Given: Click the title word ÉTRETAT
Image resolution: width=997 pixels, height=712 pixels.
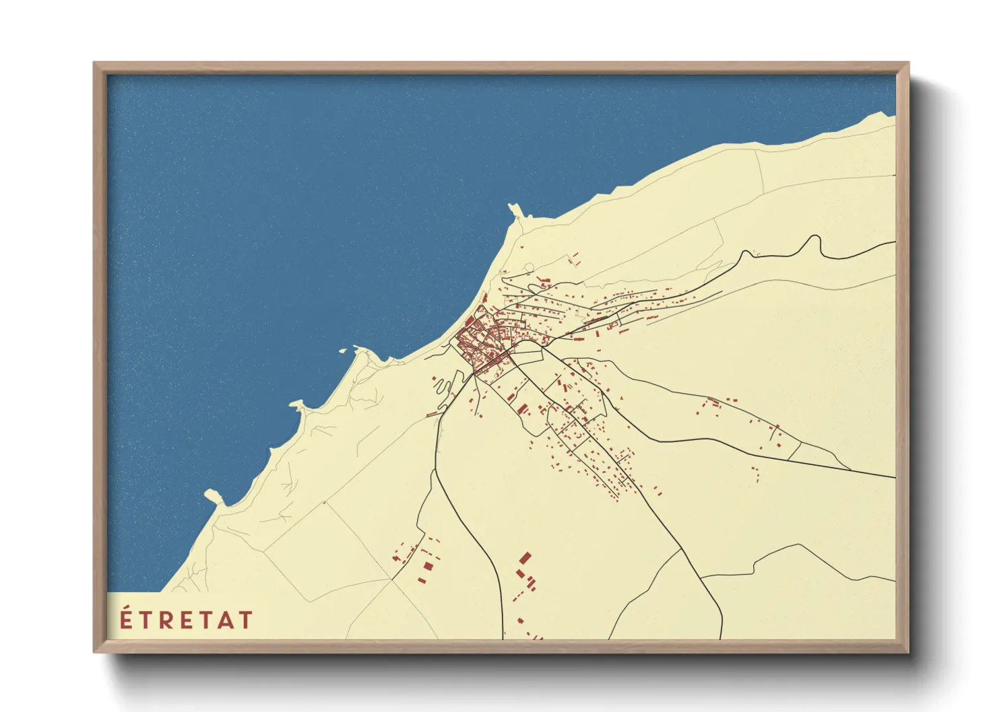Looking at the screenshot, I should click(186, 620).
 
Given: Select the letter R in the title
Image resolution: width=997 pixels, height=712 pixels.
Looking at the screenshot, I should click(166, 620).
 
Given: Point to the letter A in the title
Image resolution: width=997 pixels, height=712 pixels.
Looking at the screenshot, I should click(226, 620).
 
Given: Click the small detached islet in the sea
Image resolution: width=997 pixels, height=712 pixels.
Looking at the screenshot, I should click(342, 351).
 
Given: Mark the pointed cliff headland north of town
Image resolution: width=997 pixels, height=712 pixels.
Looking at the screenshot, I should click(515, 210).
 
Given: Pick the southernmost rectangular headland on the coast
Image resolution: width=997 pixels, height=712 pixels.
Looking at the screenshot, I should click(214, 497).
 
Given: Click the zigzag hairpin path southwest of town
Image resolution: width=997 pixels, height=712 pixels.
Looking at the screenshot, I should click(442, 388).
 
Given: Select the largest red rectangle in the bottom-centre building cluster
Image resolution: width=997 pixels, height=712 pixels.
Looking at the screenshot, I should click(525, 558).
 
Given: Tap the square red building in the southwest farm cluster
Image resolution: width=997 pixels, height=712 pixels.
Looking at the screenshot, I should click(426, 567).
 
